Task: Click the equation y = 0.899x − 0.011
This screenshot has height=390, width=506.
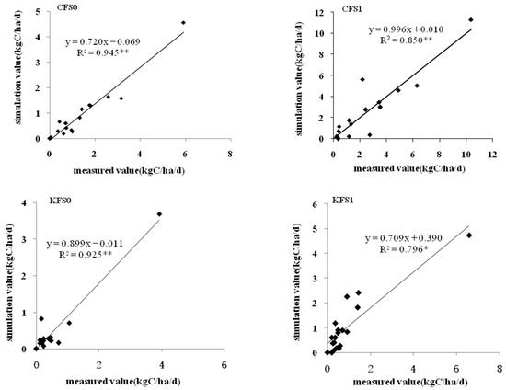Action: coord(91,244)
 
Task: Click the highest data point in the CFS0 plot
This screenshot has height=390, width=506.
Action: coord(183,22)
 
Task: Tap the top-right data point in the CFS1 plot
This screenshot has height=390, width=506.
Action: coord(470,19)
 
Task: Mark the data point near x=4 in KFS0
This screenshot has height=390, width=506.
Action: coord(159,214)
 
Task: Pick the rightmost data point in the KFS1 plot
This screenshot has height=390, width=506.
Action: coord(469,235)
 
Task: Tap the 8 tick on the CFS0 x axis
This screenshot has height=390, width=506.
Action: coord(228,154)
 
